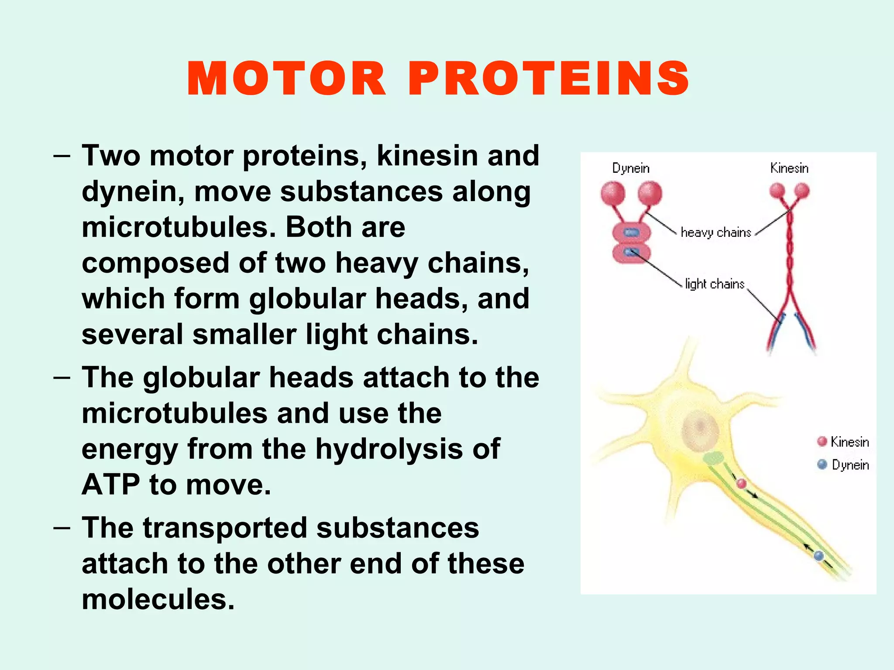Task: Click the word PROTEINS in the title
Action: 549,79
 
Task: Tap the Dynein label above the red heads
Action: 630,168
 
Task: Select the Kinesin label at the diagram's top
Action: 789,168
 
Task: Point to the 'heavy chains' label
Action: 716,232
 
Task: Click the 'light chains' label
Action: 715,284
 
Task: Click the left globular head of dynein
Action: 612,193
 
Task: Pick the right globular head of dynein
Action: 650,193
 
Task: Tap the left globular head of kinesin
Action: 777,191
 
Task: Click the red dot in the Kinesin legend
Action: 822,441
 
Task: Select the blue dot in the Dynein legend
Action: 822,465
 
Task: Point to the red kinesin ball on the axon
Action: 741,483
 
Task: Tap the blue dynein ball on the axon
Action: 818,556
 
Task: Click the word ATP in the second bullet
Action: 111,485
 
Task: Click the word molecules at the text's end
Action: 158,599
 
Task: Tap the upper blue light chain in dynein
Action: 631,232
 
